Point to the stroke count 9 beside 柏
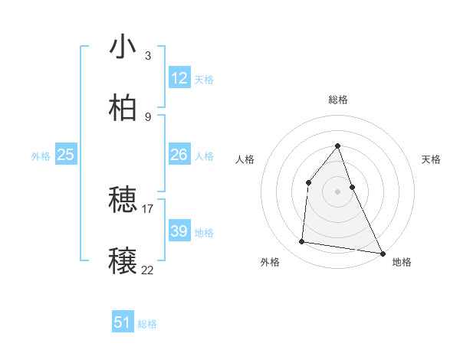(147, 116)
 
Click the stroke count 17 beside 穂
(148, 208)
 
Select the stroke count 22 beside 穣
(148, 269)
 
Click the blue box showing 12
(179, 78)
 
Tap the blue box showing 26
(179, 155)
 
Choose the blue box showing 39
(179, 231)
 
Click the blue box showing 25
(66, 155)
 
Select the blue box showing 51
(123, 322)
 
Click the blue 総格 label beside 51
(147, 324)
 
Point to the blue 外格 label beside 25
(41, 156)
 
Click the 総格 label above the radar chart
(337, 100)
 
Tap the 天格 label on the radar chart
(431, 159)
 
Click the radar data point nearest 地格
(382, 253)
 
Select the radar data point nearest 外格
(302, 242)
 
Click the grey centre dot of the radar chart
(337, 191)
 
